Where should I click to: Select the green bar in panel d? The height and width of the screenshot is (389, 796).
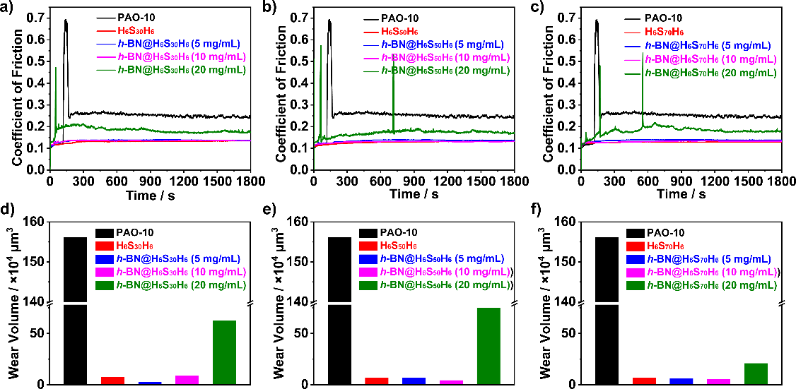[x=224, y=352]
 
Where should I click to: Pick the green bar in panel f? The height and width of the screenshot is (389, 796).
[x=756, y=373]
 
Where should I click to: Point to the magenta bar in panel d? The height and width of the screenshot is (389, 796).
[x=187, y=380]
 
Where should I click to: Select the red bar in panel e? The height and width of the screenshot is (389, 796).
[x=377, y=381]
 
